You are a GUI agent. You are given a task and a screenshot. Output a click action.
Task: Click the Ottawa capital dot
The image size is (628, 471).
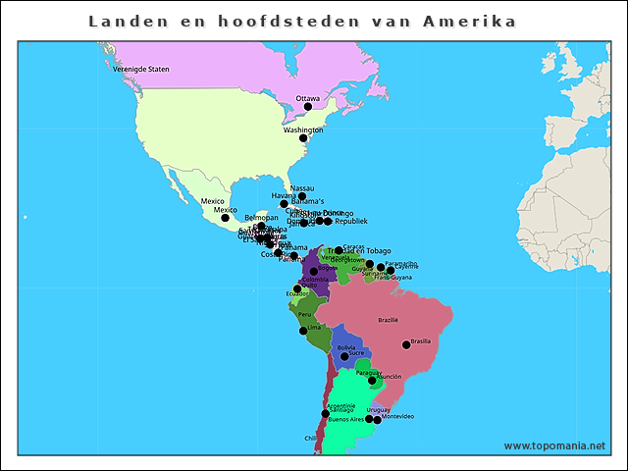coord(308,107)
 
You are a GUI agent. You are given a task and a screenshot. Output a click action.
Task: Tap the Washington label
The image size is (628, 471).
coord(303,130)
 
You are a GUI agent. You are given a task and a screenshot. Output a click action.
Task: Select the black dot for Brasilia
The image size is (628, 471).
coord(406,344)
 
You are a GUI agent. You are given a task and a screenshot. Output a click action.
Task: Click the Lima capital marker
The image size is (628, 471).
coord(303,331)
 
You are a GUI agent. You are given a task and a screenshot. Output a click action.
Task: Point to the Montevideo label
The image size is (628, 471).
coord(398,417)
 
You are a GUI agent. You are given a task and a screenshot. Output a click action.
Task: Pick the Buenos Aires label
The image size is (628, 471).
coord(345,419)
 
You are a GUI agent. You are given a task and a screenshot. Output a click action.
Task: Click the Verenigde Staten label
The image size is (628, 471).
coord(141,70)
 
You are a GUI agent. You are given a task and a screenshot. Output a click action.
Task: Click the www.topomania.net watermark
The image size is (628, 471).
coord(554,445)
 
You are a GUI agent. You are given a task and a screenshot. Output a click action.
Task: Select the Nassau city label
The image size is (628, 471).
coord(303,187)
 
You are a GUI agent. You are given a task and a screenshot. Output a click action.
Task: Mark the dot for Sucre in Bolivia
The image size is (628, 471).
coord(344,357)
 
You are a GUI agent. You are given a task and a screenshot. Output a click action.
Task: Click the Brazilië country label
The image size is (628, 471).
coord(389,320)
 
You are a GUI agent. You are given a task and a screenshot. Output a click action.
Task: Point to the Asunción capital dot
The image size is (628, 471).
coord(372,381)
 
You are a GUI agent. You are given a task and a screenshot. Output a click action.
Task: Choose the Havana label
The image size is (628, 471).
coord(284,195)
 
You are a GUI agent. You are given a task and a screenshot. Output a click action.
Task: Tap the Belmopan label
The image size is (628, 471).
coord(262,217)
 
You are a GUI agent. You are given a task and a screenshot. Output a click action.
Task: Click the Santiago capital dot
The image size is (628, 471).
coord(325,414)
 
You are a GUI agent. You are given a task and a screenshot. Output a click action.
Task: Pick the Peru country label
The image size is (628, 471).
coord(304,314)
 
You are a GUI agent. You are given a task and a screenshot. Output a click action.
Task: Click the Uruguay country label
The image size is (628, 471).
coord(379,409)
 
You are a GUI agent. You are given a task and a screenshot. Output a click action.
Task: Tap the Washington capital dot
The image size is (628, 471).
coord(303,138)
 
